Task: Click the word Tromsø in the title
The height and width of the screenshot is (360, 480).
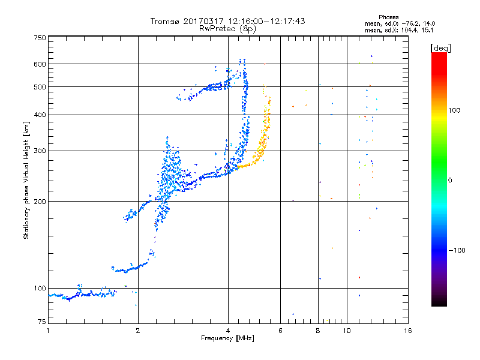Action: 164,21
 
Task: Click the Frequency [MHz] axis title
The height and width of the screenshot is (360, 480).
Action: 228,338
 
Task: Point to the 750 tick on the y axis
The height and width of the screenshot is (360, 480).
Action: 40,37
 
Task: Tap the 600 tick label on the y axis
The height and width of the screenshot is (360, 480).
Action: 40,64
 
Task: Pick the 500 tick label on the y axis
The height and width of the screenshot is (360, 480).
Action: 40,87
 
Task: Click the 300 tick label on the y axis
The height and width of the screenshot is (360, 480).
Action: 40,151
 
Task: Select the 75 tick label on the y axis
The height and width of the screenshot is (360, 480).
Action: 41,323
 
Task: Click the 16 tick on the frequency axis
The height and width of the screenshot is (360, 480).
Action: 407,331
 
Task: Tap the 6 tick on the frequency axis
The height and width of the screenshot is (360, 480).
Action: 280,331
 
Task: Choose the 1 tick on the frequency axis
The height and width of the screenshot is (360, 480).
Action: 48,331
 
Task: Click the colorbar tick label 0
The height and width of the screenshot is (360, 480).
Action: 451,180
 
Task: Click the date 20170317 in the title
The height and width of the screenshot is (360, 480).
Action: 205,21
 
